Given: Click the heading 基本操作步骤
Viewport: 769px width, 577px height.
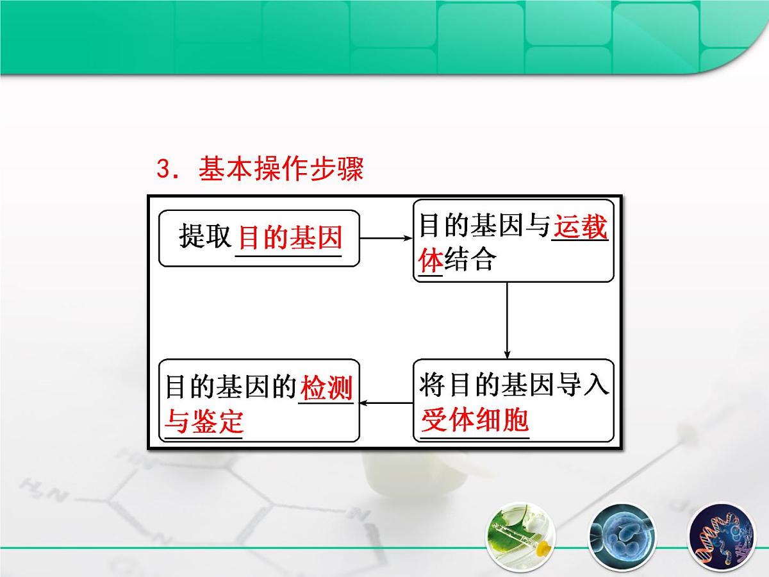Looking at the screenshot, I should pyautogui.click(x=281, y=170).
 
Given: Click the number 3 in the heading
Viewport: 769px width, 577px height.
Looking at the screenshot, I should pyautogui.click(x=163, y=171).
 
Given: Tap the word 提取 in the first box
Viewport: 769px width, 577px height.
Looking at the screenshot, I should pyautogui.click(x=204, y=238).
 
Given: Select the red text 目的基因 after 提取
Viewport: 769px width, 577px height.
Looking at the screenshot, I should pyautogui.click(x=290, y=238).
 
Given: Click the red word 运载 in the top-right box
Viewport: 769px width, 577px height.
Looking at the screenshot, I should pyautogui.click(x=581, y=228).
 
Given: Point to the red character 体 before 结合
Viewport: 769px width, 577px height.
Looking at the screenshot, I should pyautogui.click(x=430, y=260).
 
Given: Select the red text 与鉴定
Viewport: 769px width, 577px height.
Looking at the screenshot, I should pyautogui.click(x=204, y=422).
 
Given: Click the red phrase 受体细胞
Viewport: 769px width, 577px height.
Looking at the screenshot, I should pyautogui.click(x=475, y=421).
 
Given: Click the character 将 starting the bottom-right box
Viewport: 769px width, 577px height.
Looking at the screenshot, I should pyautogui.click(x=431, y=387).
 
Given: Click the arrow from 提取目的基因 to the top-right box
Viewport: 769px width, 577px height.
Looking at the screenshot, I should pyautogui.click(x=386, y=238).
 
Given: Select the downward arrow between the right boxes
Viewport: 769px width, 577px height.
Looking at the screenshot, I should pyautogui.click(x=507, y=319).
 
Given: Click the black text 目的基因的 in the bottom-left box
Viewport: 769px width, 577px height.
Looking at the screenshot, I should pyautogui.click(x=231, y=388).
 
